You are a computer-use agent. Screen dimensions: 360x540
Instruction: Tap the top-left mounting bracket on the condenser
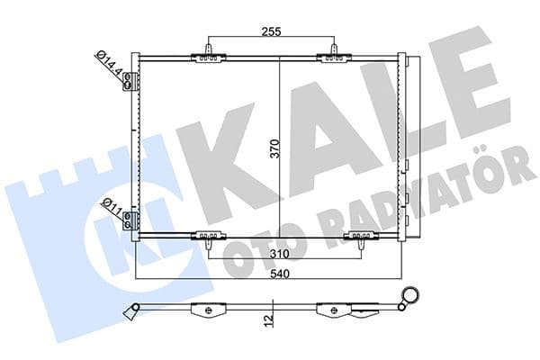click(209, 57)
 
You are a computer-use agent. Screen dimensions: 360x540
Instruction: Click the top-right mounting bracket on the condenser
click(334, 57)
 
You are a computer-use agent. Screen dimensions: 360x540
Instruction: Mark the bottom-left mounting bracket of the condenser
click(209, 238)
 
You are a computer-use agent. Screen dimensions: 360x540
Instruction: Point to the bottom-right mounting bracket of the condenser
click(359, 238)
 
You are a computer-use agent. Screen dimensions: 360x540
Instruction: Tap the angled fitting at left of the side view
click(133, 312)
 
